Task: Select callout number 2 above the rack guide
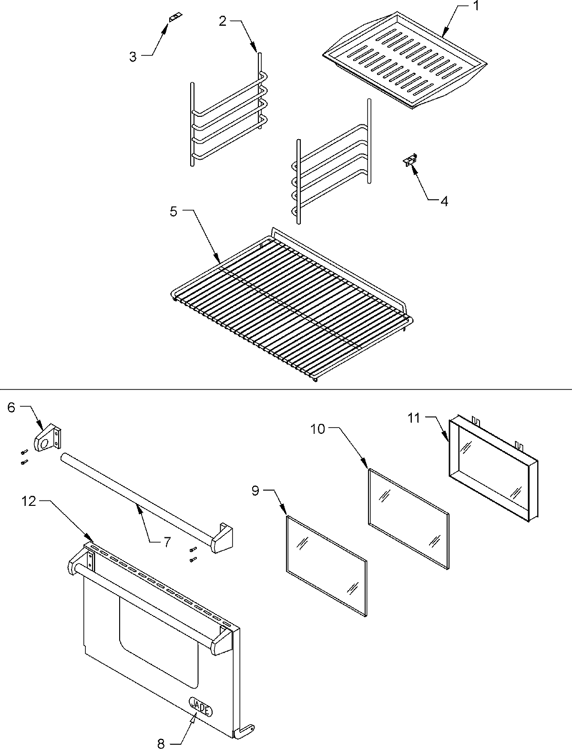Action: pyautogui.click(x=223, y=21)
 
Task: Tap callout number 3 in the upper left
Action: pyautogui.click(x=133, y=57)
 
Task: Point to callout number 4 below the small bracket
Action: pyautogui.click(x=444, y=201)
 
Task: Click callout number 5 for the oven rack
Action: pyautogui.click(x=174, y=211)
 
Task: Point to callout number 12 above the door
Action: pyautogui.click(x=30, y=502)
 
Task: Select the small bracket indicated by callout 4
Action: pyautogui.click(x=409, y=160)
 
